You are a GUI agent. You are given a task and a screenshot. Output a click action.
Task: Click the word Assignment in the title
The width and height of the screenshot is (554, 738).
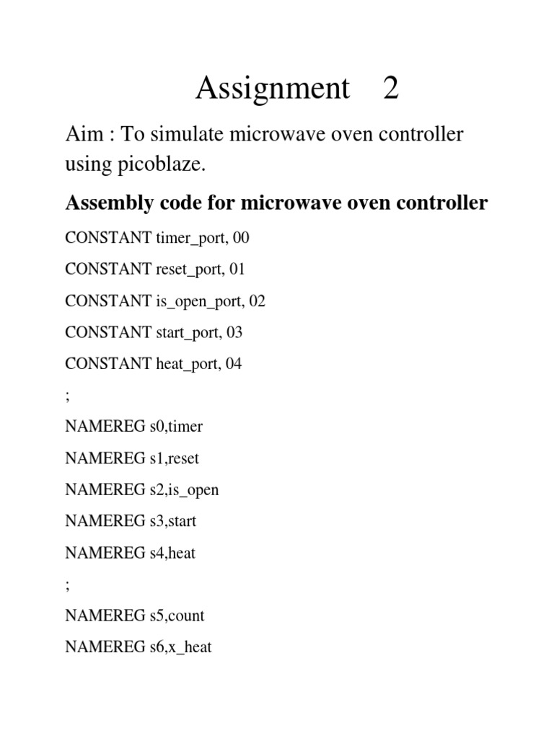pos(273,89)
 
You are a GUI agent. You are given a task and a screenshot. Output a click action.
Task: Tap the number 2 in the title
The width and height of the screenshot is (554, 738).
pos(391,89)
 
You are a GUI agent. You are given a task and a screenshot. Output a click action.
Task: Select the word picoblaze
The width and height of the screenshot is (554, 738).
pos(171,165)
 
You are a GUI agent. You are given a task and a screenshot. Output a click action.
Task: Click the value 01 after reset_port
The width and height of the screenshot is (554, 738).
pos(237,269)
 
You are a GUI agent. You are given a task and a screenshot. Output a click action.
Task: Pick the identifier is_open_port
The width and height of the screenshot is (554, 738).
pos(199,301)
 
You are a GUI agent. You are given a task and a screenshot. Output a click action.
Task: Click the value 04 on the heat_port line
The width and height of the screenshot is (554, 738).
pos(233,364)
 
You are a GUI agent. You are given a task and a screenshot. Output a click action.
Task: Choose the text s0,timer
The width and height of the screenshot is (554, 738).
pos(176,427)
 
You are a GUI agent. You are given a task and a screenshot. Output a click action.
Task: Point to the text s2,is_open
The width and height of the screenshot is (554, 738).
pos(183,490)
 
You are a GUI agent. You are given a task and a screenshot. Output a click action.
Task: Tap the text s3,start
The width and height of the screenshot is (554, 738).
pos(172,521)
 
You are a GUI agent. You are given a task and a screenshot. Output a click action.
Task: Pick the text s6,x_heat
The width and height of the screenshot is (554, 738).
pos(180,647)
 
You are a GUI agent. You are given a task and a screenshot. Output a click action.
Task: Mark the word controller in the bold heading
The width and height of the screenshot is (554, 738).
pos(439,204)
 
